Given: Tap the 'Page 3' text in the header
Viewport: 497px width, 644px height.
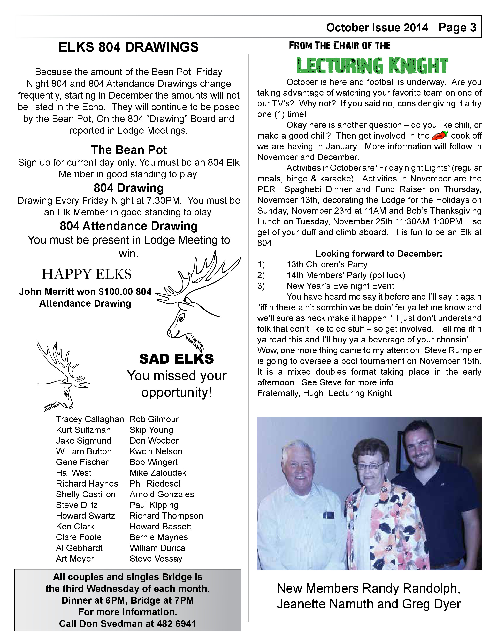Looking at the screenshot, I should (457, 28).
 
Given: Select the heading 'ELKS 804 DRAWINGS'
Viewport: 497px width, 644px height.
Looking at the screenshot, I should (128, 47).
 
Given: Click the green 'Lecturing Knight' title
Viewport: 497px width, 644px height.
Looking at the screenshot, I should (372, 65).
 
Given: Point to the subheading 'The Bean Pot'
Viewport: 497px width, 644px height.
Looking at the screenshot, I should (129, 150).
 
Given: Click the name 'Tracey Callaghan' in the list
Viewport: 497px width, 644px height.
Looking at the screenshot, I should (90, 419).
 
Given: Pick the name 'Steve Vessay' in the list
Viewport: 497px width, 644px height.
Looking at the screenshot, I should (156, 559).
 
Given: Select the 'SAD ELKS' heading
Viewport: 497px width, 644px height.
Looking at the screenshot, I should (176, 359).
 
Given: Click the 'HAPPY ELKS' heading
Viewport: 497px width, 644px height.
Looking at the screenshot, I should (87, 274).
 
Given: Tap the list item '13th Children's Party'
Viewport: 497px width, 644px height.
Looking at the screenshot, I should (327, 264).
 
